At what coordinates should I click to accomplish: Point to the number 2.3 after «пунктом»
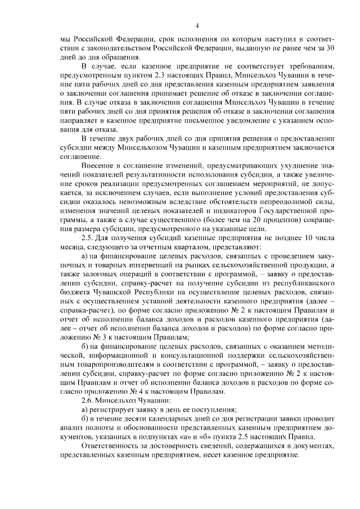(163, 75)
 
